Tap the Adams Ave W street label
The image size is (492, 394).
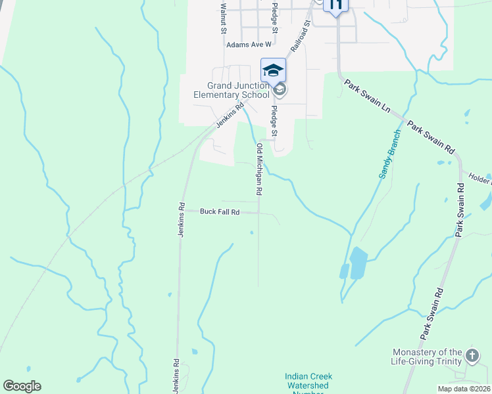(x=249, y=45)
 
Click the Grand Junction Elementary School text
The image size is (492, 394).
(x=231, y=90)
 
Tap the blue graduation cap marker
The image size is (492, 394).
(x=273, y=70)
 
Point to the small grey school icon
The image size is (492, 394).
(x=280, y=89)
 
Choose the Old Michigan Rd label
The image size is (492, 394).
(x=259, y=169)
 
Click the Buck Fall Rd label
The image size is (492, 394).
(x=220, y=211)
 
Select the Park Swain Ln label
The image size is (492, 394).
(x=367, y=98)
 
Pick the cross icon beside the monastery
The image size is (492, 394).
(x=472, y=357)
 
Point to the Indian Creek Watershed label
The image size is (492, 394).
(x=308, y=382)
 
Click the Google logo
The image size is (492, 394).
(x=22, y=386)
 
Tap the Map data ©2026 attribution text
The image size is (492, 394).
(x=465, y=389)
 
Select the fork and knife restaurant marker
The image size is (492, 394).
(x=335, y=5)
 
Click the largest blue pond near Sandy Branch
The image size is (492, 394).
(x=358, y=263)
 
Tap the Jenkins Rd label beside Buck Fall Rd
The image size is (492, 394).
(x=181, y=220)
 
